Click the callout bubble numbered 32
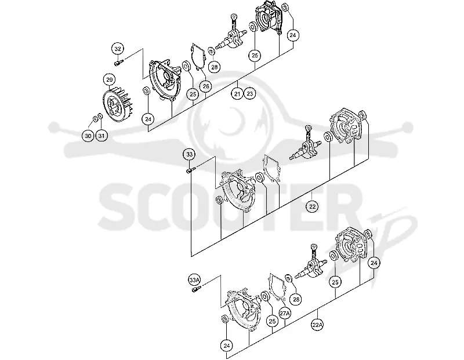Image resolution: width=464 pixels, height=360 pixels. click(118, 49)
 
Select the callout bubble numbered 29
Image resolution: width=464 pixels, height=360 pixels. click(110, 80)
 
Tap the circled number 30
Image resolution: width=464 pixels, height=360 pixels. click(88, 136)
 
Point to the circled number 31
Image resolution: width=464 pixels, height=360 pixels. click(101, 136)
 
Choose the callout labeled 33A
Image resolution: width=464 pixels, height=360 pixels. click(194, 280)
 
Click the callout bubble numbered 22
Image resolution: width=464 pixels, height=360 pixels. click(313, 206)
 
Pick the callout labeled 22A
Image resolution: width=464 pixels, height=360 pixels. click(317, 325)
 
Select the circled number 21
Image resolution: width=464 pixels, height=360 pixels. click(237, 94)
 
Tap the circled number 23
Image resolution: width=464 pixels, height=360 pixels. click(250, 94)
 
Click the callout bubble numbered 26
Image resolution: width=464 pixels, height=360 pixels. click(206, 86)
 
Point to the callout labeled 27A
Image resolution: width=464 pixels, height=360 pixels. click(285, 313)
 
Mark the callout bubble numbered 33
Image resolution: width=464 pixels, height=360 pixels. click(190, 154)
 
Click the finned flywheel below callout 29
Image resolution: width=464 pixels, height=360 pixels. click(117, 104)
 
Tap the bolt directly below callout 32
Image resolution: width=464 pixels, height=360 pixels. click(118, 63)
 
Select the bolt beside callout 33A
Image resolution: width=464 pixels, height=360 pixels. click(196, 289)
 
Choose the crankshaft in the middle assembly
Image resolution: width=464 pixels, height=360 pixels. click(305, 146)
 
